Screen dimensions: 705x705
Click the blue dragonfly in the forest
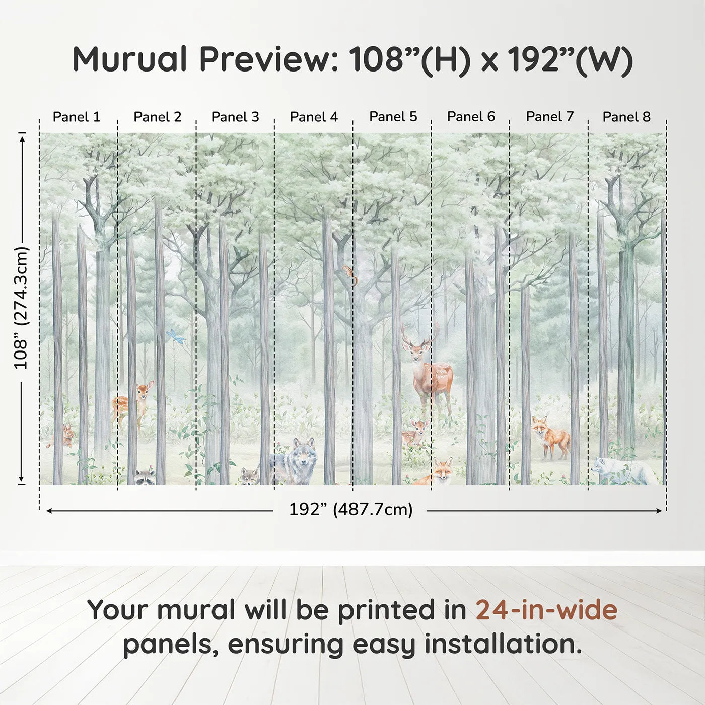click(x=175, y=336)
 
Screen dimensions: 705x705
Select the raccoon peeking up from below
click(x=145, y=476)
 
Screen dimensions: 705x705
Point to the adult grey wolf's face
click(x=303, y=455)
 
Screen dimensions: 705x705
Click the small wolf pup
click(x=249, y=476)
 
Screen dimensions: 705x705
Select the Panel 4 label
click(x=314, y=117)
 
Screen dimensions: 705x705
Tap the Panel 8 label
click(x=626, y=117)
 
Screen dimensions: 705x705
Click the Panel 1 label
click(x=77, y=117)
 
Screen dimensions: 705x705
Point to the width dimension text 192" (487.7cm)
click(x=350, y=509)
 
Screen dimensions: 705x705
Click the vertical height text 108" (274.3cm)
click(x=21, y=308)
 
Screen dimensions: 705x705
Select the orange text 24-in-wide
click(x=546, y=610)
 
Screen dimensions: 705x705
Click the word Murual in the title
click(x=130, y=59)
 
